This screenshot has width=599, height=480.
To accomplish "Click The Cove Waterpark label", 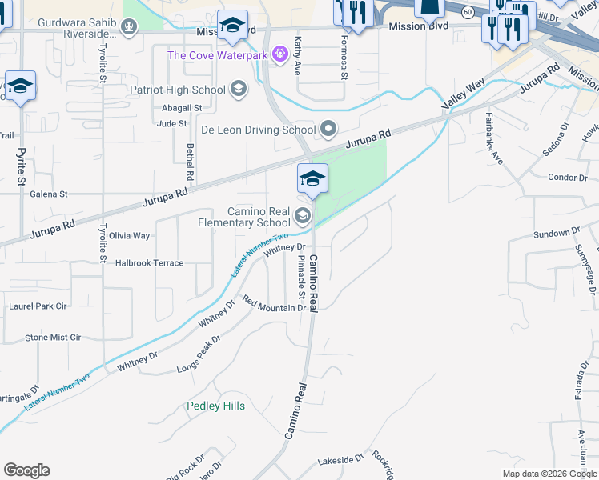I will tap(217, 55).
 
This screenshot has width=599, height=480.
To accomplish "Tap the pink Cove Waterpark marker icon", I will tap(279, 54).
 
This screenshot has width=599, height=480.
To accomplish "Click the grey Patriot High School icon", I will tap(238, 89).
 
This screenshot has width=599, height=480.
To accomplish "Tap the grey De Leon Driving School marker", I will tap(328, 129).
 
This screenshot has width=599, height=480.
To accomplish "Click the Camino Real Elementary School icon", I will tap(302, 214).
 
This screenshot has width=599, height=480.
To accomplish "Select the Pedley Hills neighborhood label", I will tap(215, 406).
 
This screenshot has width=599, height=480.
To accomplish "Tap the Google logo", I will tap(26, 470).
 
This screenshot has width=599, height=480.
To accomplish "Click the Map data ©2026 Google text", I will tap(549, 474).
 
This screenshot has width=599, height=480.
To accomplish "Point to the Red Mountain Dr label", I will tap(275, 305).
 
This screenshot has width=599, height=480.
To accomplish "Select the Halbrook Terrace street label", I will tap(149, 262).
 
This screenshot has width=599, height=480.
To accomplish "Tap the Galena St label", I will tap(48, 194).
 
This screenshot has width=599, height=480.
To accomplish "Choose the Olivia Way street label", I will tap(130, 236).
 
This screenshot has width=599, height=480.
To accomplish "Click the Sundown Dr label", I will tap(556, 233).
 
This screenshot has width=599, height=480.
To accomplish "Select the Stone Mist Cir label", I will tap(53, 338).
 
